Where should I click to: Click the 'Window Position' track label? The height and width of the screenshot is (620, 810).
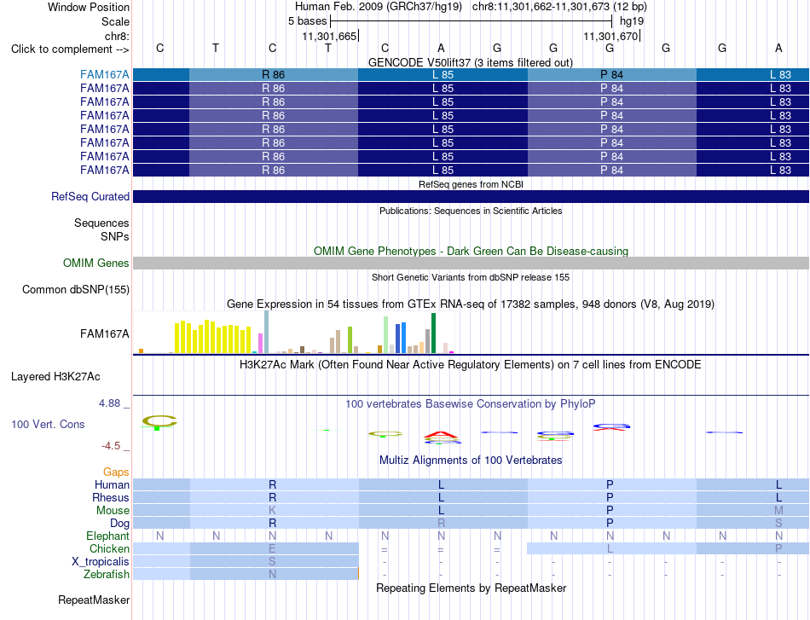point(89,7)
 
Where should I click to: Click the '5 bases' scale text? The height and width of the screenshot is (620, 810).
point(307,21)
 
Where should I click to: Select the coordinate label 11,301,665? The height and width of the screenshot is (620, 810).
point(330,36)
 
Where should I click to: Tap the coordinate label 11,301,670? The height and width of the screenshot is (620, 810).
point(610,36)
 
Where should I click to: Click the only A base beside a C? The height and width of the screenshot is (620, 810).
point(441,48)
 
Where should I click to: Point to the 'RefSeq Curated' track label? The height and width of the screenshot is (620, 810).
point(90,196)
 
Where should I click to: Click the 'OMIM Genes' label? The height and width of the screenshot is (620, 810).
point(96,263)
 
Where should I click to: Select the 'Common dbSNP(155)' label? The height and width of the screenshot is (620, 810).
point(76,289)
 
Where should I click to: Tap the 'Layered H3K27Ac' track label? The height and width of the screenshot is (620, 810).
point(55,377)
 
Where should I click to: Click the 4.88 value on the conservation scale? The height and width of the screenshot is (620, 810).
point(109,403)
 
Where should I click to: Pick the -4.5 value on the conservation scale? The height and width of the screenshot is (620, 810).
point(111,446)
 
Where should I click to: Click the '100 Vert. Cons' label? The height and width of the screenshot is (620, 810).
point(48,424)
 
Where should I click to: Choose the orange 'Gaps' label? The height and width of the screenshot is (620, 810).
point(116,472)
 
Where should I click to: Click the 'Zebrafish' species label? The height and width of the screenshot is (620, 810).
point(107,574)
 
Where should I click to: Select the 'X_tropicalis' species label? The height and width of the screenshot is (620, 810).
point(101,562)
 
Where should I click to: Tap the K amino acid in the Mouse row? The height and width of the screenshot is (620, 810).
point(272,511)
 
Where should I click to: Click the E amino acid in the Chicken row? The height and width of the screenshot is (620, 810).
point(272,548)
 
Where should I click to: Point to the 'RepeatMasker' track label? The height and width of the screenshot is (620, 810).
point(94,600)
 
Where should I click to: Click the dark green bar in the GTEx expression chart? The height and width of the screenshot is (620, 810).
point(433,333)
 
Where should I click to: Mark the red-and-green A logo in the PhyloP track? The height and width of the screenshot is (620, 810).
point(441,437)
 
